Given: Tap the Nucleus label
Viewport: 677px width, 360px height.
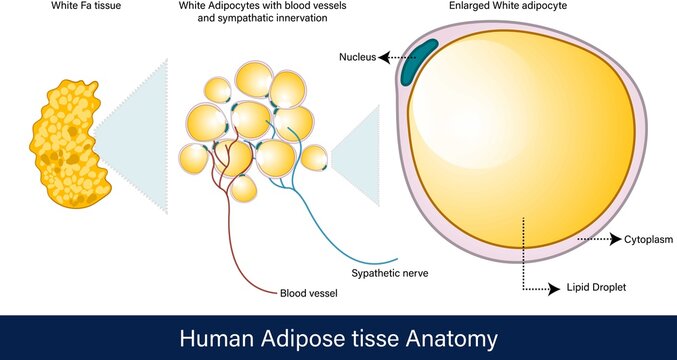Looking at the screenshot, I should tap(356, 58).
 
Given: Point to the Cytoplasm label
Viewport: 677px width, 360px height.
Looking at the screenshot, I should tap(649, 240).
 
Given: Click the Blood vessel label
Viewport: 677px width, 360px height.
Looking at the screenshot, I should tap(308, 294).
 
